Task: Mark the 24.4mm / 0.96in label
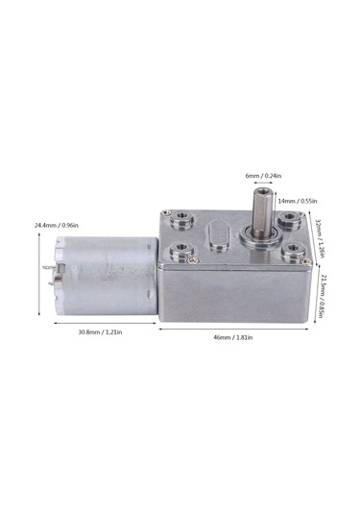pyautogui.click(x=57, y=225)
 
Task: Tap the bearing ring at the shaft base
pyautogui.click(x=253, y=231)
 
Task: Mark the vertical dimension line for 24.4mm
pyautogui.click(x=38, y=274)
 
